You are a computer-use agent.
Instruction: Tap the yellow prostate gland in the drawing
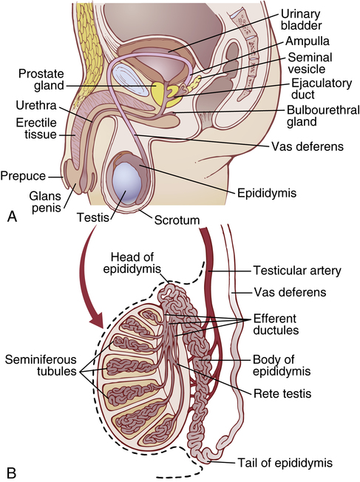[158, 92]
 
